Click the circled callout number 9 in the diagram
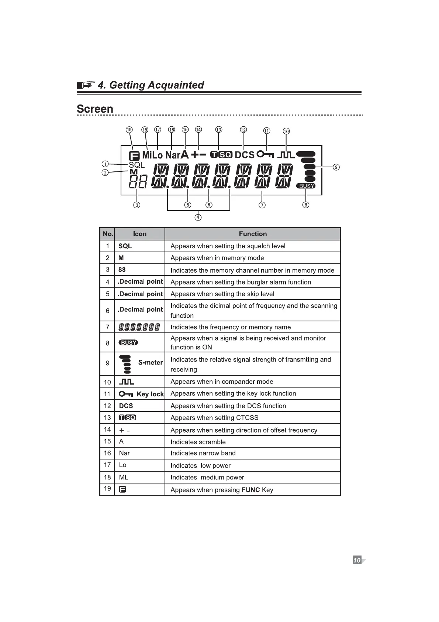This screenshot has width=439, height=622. [x=336, y=167]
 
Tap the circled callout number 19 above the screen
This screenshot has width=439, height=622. [x=129, y=130]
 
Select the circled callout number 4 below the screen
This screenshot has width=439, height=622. [x=198, y=217]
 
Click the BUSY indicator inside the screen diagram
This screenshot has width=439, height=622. [x=306, y=186]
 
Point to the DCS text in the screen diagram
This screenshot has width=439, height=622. [x=245, y=155]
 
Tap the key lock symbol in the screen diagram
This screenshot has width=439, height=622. [x=265, y=154]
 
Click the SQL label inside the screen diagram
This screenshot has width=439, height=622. [x=136, y=165]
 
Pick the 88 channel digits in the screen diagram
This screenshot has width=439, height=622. [x=138, y=182]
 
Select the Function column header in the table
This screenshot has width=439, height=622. [x=253, y=234]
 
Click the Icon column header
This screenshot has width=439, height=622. [x=140, y=234]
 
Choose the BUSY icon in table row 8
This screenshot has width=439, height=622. [x=128, y=342]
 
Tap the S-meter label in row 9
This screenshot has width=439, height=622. [x=150, y=362]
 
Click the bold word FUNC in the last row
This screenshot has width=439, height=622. [x=250, y=490]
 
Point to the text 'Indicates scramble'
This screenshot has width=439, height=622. [x=198, y=442]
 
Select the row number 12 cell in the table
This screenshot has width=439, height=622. [x=107, y=406]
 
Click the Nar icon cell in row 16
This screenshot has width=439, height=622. [x=124, y=453]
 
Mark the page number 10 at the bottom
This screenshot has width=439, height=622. [x=357, y=560]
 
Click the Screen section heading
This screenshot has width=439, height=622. [x=95, y=109]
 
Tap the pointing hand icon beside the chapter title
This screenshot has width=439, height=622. [x=86, y=85]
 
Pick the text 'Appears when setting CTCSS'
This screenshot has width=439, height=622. [x=214, y=418]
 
